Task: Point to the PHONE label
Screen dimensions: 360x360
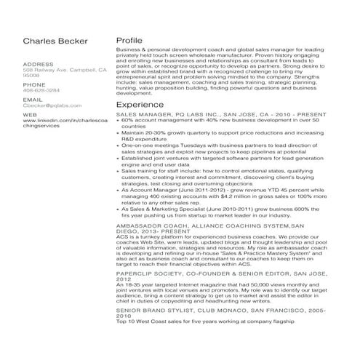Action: (34, 84)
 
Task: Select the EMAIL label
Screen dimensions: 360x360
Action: (33, 99)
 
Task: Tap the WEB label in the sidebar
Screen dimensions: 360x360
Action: (30, 114)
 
